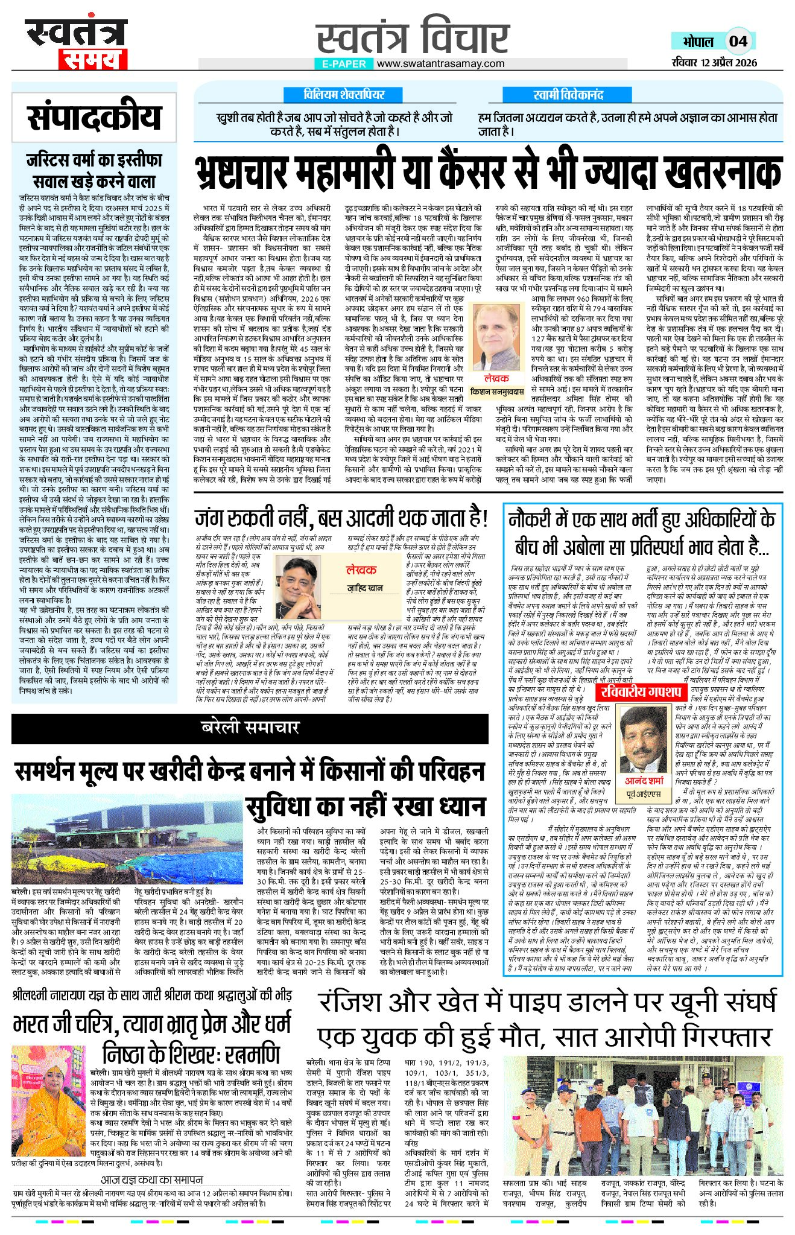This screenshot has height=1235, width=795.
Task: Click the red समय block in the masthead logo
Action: point(93,60)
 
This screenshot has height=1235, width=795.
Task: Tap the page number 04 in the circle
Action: point(738,41)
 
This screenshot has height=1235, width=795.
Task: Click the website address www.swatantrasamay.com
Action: point(441,63)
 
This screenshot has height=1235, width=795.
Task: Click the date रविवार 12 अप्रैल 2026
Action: point(714,63)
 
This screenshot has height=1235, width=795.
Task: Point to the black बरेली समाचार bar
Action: point(250,726)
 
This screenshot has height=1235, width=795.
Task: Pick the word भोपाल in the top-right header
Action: point(697,42)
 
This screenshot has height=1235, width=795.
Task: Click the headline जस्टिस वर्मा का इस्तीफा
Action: point(94,160)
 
